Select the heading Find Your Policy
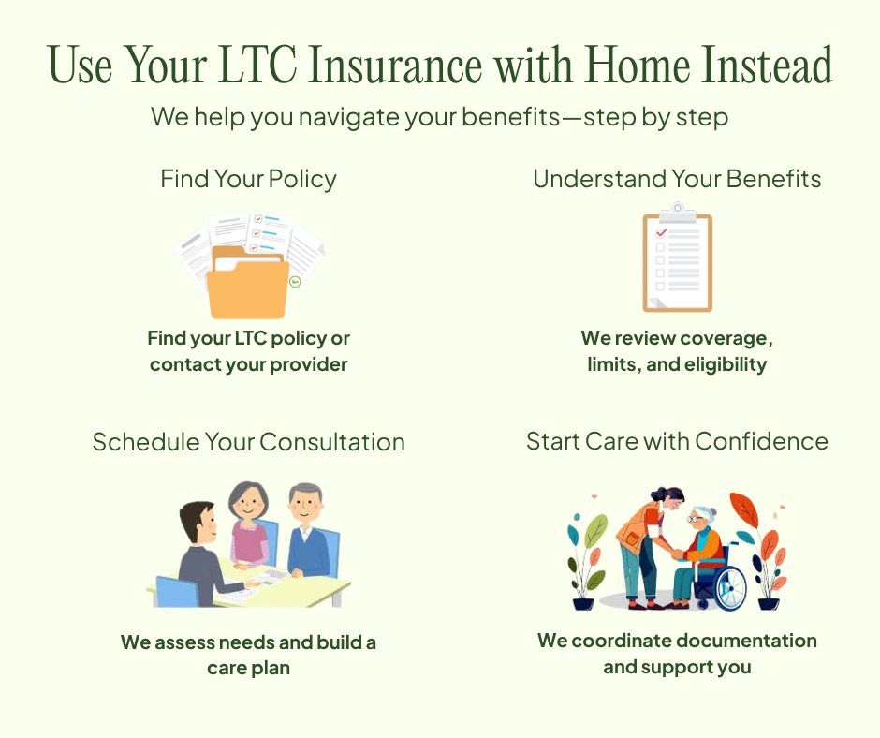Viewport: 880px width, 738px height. tap(248, 179)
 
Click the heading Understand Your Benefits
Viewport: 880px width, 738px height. tap(677, 179)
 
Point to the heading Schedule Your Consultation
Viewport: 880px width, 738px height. tap(248, 442)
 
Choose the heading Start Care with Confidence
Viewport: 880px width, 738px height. tap(677, 441)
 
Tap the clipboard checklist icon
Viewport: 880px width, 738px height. tap(677, 262)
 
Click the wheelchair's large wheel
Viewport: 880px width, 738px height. tap(728, 587)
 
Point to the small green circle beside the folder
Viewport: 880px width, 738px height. tap(296, 281)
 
